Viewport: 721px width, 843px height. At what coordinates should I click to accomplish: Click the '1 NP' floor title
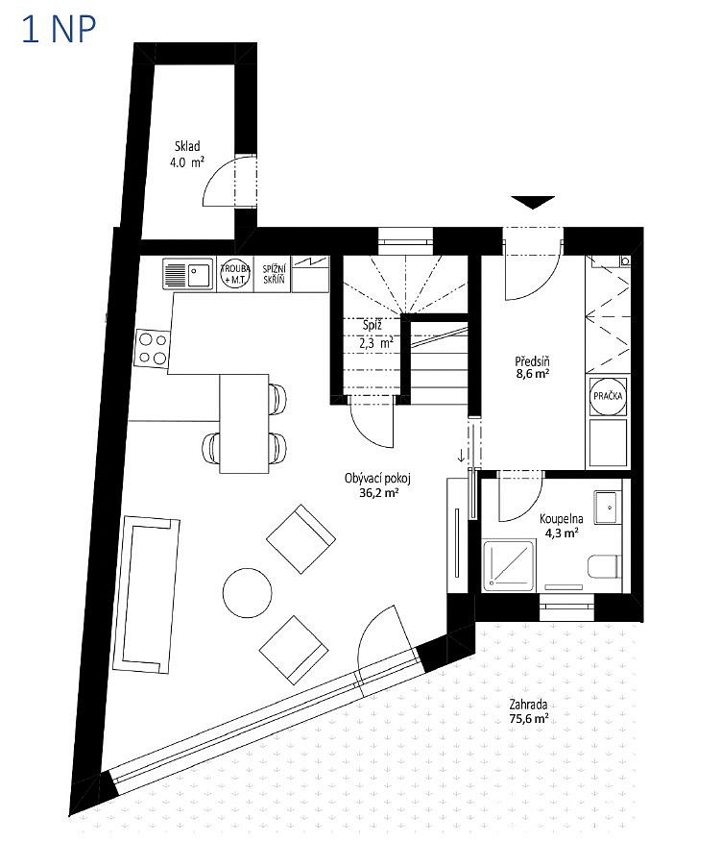[x=59, y=30]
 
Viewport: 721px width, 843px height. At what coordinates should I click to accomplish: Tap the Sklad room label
[x=187, y=146]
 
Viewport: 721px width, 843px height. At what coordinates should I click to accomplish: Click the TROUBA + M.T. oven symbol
[x=235, y=274]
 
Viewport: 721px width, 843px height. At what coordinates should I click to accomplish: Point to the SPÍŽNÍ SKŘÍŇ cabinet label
[x=274, y=274]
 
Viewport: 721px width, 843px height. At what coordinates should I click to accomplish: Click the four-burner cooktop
[x=153, y=349]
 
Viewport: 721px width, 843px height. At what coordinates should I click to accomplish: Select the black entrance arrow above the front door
[x=533, y=202]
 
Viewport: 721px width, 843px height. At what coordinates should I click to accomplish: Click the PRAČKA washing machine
[x=608, y=396]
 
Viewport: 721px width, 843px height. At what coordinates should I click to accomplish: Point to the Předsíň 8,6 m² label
[x=532, y=367]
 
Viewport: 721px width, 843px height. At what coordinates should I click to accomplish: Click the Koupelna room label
[x=561, y=519]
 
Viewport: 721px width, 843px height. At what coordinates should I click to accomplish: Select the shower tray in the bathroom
[x=509, y=566]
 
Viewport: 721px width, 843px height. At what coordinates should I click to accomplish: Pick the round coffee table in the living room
[x=248, y=593]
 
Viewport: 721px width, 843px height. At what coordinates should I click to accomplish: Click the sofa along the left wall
[x=146, y=594]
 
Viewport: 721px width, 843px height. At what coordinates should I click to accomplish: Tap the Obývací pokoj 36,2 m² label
[x=378, y=484]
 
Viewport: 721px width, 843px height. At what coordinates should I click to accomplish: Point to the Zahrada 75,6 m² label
[x=529, y=711]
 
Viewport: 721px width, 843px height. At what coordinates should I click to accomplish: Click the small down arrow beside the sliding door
[x=461, y=457]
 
